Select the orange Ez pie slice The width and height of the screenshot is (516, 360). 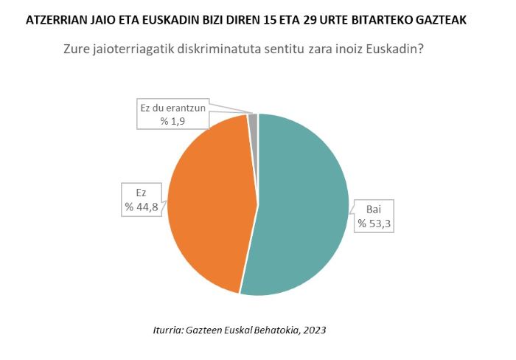point(210,199)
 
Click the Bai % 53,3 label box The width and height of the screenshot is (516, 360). point(374,215)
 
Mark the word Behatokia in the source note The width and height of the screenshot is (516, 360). point(271,330)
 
